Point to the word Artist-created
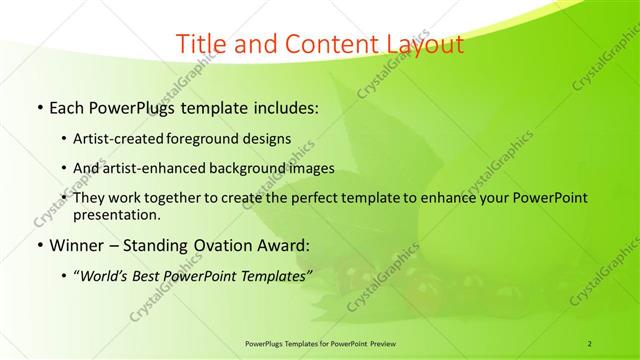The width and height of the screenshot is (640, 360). pyautogui.click(x=116, y=139)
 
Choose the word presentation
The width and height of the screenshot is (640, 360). pyautogui.click(x=115, y=214)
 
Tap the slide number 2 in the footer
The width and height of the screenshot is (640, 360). pyautogui.click(x=590, y=342)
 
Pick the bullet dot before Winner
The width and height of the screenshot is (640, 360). pyautogui.click(x=38, y=243)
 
